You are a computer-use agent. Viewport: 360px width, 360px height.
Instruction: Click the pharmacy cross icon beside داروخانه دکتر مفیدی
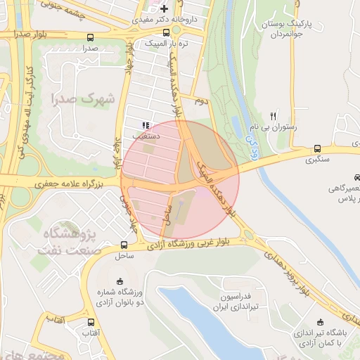pos(165,9)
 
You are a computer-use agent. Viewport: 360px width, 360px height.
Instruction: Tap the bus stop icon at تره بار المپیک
pos(166,32)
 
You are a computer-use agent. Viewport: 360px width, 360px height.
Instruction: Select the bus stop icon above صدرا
pos(89,37)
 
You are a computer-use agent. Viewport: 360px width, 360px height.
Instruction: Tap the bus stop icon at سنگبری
pos(317,149)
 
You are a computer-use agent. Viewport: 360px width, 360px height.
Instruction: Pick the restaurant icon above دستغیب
pos(146,124)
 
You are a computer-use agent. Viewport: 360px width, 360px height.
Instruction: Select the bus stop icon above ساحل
pos(124,245)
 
